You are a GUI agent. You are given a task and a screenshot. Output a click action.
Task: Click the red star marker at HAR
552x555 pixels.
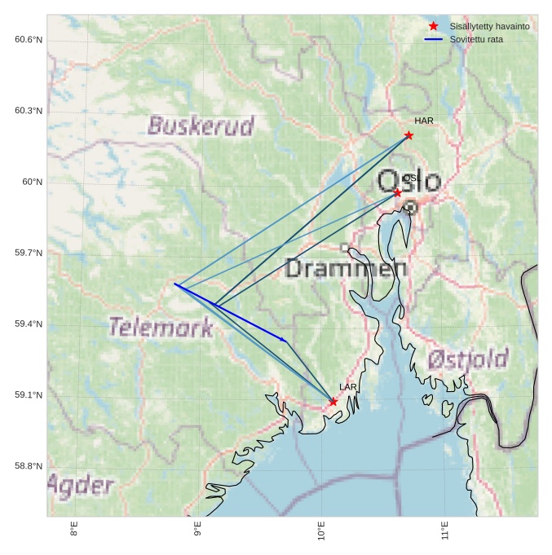(408, 135)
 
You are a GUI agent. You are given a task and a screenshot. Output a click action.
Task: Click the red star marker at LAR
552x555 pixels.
(333, 402)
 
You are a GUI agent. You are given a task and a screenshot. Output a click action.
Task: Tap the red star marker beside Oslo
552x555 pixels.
(397, 192)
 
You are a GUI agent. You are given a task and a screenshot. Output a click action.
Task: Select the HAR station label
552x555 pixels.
(423, 121)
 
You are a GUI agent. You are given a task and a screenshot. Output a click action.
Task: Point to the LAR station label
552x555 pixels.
(348, 387)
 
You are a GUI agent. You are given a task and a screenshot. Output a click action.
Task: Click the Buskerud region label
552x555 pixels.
(201, 126)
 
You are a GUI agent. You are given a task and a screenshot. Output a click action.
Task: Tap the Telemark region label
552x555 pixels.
(161, 328)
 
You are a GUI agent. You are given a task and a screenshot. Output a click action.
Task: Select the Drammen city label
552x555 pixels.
(347, 268)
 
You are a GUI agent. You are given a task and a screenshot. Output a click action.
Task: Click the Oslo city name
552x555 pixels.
(409, 181)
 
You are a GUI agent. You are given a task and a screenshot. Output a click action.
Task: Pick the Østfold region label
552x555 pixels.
(467, 359)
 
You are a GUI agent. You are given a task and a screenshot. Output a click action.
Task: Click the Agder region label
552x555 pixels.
(80, 486)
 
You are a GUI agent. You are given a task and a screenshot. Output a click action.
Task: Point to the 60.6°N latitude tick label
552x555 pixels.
(29, 40)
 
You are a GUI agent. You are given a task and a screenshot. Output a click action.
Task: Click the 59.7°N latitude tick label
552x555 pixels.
(29, 253)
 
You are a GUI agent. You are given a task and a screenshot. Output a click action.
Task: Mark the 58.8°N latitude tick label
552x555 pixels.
(29, 466)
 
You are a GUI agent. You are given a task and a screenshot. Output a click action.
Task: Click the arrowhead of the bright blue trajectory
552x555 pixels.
(285, 341)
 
